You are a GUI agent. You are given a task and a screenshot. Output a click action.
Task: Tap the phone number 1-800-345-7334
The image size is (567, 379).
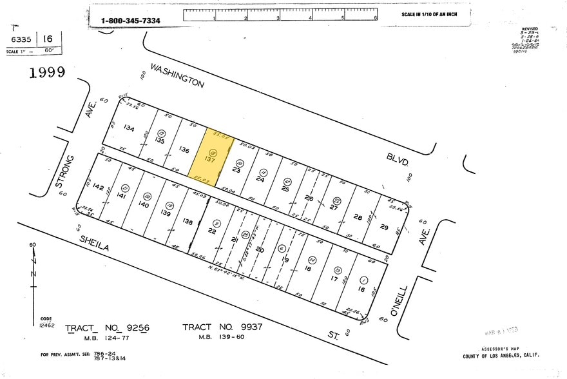pyautogui.click(x=131, y=21)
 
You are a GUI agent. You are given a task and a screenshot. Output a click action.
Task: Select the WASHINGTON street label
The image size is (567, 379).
pyautogui.click(x=177, y=75)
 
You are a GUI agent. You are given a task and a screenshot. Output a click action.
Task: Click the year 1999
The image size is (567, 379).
pyautogui.click(x=47, y=72)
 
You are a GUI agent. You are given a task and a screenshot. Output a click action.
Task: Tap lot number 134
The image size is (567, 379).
pyautogui.click(x=130, y=128)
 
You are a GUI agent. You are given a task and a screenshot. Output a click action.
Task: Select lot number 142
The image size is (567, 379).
pyautogui.click(x=98, y=187)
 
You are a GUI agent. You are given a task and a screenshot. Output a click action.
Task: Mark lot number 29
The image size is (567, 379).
pyautogui.click(x=384, y=227)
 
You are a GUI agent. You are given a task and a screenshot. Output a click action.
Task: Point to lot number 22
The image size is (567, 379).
pyautogui.click(x=212, y=231)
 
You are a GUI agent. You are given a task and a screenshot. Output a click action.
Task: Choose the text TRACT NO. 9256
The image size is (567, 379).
pyautogui.click(x=107, y=328)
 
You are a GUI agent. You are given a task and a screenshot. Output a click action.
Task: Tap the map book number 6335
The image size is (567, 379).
pyautogui.click(x=21, y=39)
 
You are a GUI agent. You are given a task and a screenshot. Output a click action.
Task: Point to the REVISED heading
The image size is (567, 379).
pyautogui.click(x=530, y=29)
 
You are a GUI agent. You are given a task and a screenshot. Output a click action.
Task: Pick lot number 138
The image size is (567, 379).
pyautogui.click(x=187, y=222)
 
